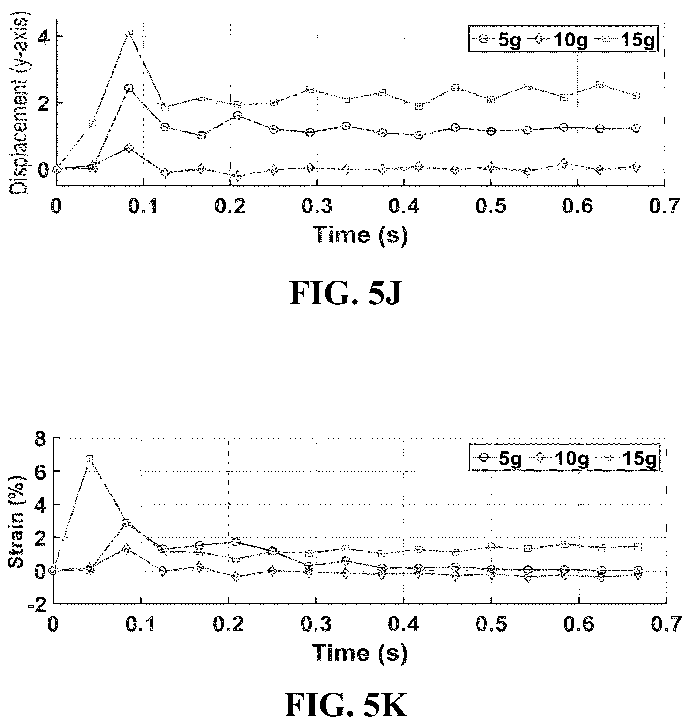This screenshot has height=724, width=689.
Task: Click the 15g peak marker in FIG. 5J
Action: tap(129, 32)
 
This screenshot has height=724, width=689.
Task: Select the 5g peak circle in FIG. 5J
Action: tap(129, 88)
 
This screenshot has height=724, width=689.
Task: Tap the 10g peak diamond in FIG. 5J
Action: tap(129, 149)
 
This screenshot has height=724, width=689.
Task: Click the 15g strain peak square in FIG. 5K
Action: tap(90, 459)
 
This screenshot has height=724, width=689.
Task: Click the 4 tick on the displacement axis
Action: tap(43, 37)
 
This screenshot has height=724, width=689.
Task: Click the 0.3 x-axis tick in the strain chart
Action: tap(316, 625)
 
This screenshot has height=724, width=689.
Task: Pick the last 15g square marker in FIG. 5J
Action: tap(636, 96)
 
